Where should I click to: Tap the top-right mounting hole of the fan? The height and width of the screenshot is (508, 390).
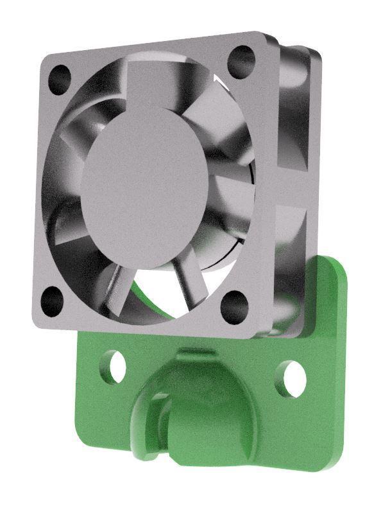[x=242, y=60]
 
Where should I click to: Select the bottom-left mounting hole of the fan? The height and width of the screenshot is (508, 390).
[x=51, y=300]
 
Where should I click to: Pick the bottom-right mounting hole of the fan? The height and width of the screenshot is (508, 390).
[x=234, y=306]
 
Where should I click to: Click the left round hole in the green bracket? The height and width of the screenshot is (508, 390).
[x=115, y=365]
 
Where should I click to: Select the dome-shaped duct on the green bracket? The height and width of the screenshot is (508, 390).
[x=199, y=405]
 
